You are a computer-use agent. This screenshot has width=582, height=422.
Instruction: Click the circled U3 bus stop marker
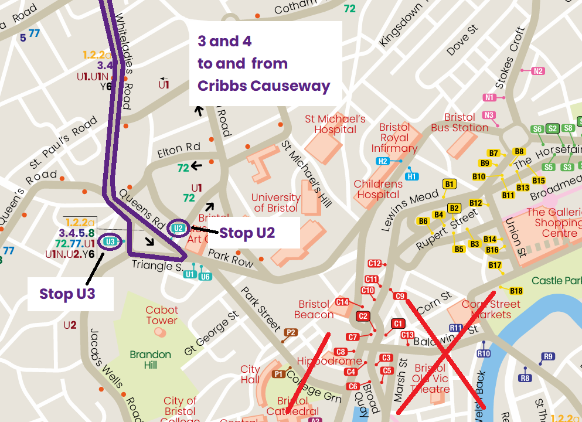tap(110, 241)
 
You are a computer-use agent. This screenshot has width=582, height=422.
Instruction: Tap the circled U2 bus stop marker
tap(179, 228)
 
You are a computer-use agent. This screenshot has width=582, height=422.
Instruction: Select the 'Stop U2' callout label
tap(247, 233)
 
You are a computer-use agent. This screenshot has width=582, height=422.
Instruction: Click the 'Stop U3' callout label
tap(67, 293)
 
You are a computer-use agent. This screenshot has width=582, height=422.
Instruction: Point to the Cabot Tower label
tap(162, 315)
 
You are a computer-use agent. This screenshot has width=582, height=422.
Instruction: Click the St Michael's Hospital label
tap(335, 124)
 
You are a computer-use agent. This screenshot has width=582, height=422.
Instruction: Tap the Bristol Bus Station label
tap(460, 122)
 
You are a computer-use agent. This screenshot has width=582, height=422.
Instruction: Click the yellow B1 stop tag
tap(450, 184)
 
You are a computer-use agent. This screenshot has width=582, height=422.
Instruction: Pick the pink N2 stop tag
tap(538, 71)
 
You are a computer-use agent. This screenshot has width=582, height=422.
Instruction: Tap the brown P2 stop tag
tap(290, 332)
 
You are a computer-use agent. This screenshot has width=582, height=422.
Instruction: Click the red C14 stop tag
tap(342, 302)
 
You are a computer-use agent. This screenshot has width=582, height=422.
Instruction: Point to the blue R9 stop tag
tap(548, 356)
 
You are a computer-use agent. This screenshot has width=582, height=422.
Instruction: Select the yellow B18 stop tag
tap(516, 291)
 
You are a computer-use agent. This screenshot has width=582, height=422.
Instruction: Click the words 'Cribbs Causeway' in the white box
tap(264, 86)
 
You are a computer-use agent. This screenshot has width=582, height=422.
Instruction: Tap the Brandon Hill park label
tap(151, 360)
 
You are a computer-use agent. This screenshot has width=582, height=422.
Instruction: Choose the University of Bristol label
tap(275, 203)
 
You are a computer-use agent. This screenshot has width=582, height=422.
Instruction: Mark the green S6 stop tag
tap(537, 129)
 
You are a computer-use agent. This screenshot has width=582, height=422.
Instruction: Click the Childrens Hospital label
tap(378, 189)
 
